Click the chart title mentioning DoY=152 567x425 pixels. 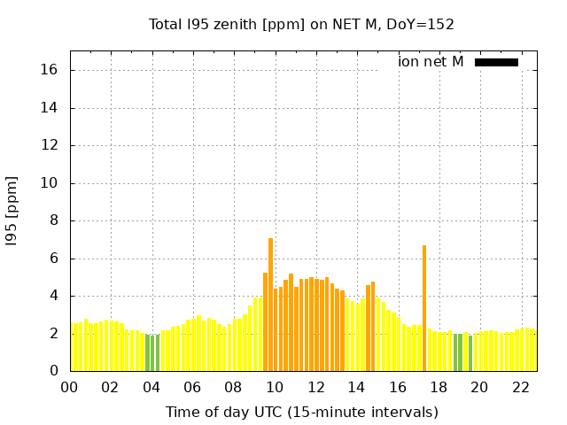point(301,24)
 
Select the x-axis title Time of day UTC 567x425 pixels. point(301,412)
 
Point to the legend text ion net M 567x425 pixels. point(431,62)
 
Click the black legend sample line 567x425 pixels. point(496,62)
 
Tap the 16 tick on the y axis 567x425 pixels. point(50,70)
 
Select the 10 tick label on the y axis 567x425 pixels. point(50,183)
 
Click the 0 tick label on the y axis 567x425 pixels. point(54,371)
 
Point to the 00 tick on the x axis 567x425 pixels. point(69,387)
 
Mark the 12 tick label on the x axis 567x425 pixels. point(315,387)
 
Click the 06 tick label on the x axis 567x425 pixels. point(192,387)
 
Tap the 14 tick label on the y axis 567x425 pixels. point(50,108)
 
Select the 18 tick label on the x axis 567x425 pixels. point(439,387)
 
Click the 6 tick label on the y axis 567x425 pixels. point(54,259)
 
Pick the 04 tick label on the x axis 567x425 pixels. point(151,387)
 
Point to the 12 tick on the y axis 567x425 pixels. point(50,145)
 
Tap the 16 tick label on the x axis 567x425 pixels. point(398,387)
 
